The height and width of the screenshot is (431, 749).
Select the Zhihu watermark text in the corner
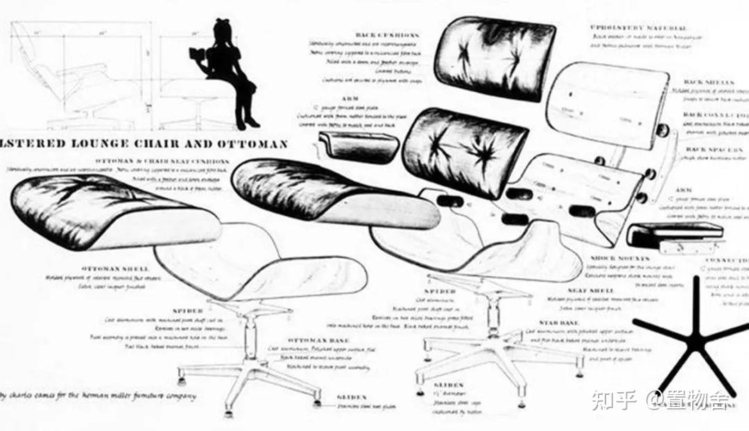click(662, 400)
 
